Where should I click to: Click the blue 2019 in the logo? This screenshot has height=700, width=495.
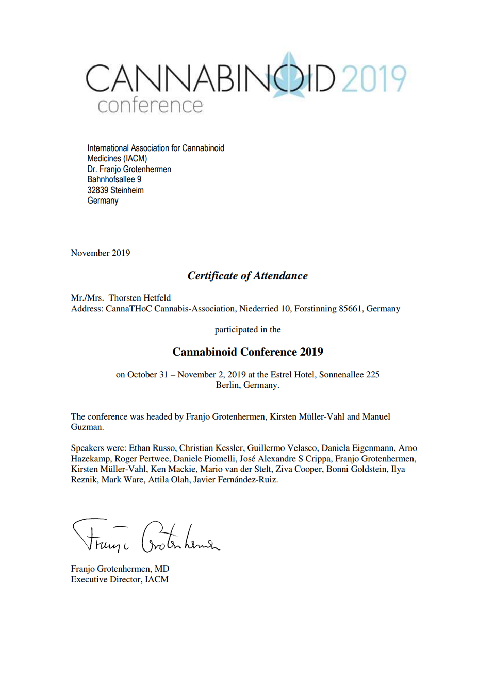[x=374, y=79]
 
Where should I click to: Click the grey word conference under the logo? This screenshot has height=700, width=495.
[x=150, y=105]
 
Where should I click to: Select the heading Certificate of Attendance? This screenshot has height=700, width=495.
[x=247, y=276]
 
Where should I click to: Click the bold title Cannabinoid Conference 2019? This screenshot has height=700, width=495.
[x=247, y=352]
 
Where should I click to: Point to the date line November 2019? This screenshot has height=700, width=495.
[x=101, y=253]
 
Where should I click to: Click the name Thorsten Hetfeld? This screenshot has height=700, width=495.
[x=140, y=297]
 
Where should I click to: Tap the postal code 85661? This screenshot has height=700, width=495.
[x=350, y=308]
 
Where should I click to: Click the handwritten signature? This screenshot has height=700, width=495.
[x=145, y=537]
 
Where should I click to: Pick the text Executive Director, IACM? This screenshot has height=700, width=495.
[x=120, y=579]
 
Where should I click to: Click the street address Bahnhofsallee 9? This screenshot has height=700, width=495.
[x=114, y=179]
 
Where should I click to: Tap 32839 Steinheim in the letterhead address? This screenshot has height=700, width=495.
[x=115, y=190]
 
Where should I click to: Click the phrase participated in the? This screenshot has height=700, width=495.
[x=247, y=329]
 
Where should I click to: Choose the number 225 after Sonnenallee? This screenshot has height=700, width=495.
[x=372, y=374]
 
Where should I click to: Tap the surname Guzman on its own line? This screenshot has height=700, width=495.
[x=87, y=427]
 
